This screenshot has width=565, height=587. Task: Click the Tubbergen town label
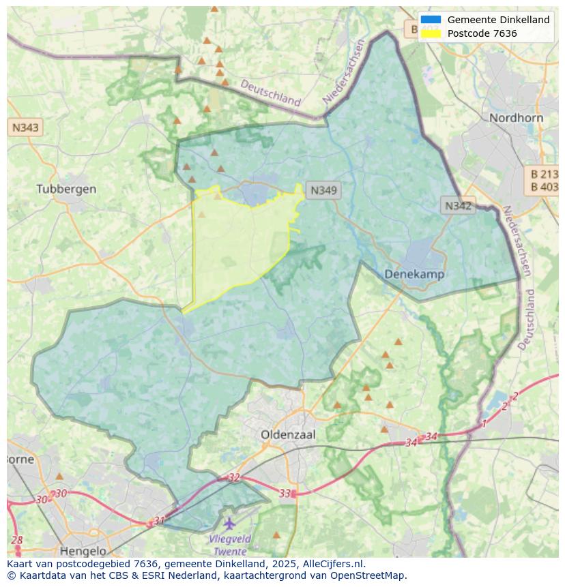click(x=66, y=189)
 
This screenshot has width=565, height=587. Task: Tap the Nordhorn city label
click(x=516, y=118)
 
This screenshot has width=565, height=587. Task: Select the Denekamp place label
click(x=414, y=274)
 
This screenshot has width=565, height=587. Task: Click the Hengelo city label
click(x=83, y=550)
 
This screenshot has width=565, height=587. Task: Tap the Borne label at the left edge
click(x=20, y=459)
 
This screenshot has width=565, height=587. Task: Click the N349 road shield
click(x=323, y=191)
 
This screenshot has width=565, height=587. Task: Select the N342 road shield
click(x=457, y=205)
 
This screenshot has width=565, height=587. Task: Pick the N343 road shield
click(x=25, y=127)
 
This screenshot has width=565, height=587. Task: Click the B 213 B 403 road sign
click(x=544, y=180)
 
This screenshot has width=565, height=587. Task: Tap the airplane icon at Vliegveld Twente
click(x=229, y=524)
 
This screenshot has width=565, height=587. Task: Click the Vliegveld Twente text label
click(x=230, y=545)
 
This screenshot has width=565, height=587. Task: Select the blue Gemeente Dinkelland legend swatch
click(x=431, y=20)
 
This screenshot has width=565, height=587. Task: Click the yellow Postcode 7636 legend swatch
click(x=431, y=33)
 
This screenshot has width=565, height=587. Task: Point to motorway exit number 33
click(x=285, y=493)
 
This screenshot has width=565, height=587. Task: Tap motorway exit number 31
click(x=159, y=520)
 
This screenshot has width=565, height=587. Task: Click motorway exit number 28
click(x=16, y=540)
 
